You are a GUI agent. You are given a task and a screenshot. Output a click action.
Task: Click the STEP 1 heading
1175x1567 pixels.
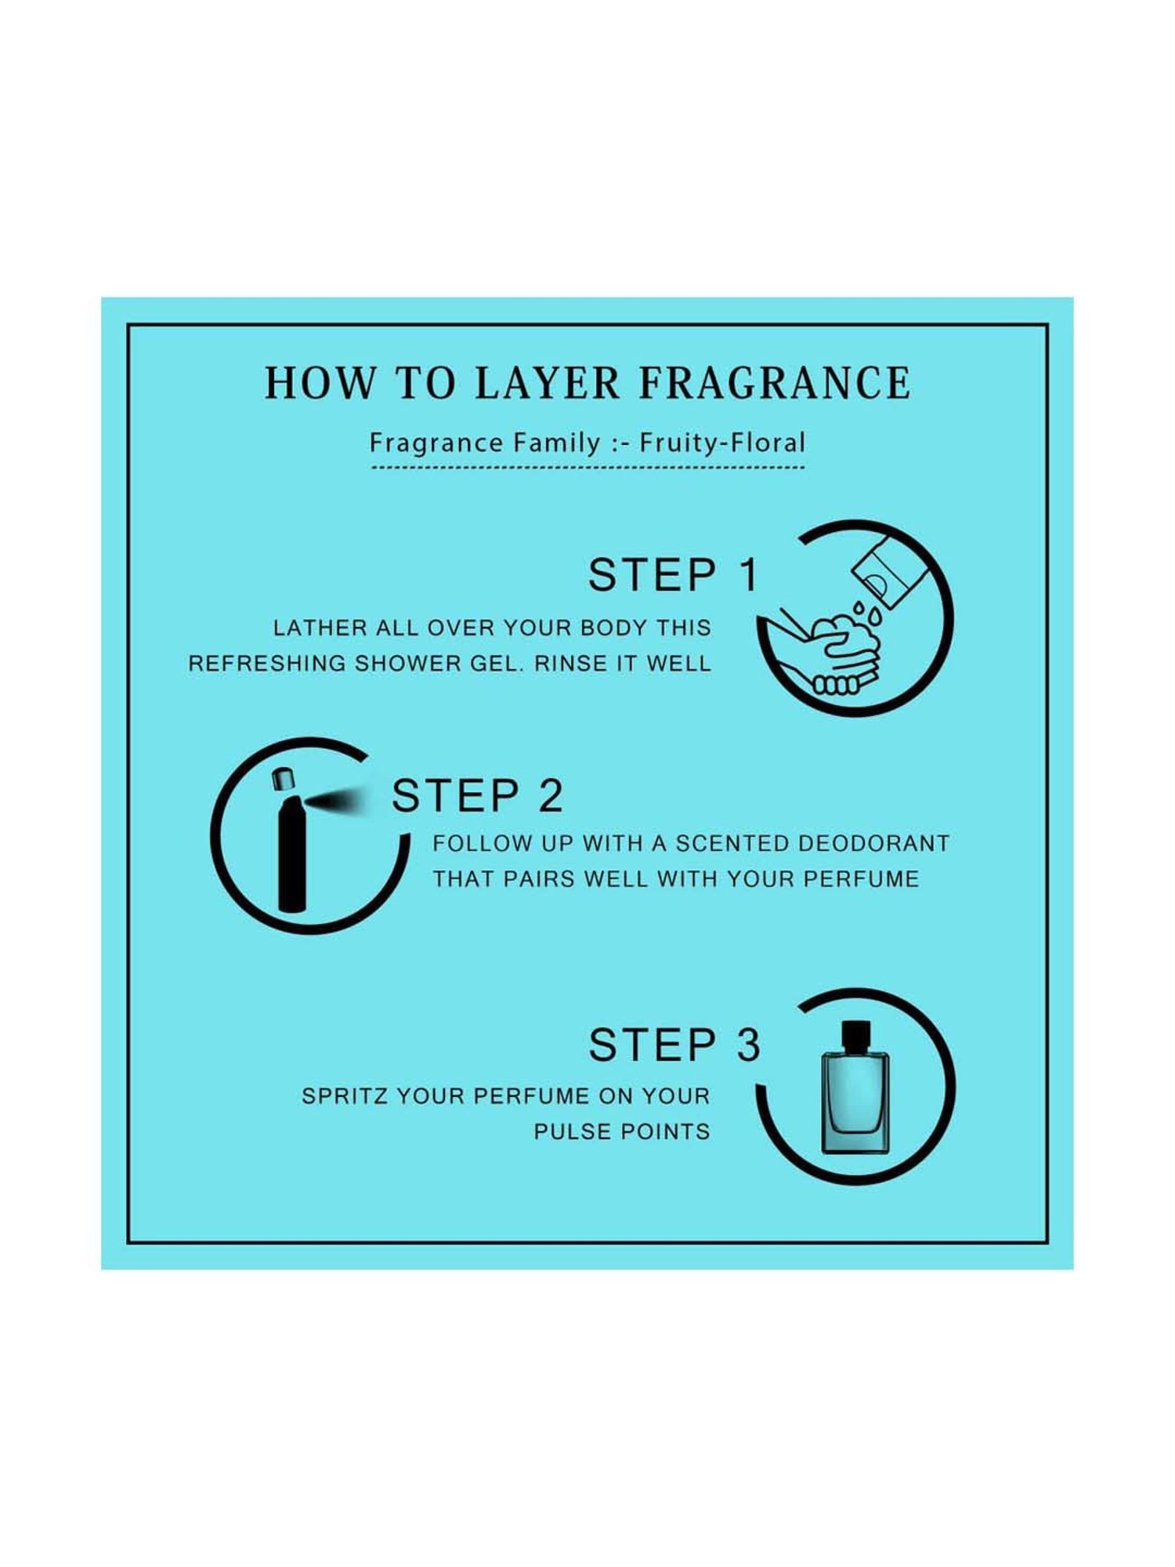pyautogui.click(x=673, y=576)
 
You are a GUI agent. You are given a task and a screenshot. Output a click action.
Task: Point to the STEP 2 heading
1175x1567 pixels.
pyautogui.click(x=477, y=797)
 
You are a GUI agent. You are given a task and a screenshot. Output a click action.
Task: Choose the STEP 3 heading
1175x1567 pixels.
pyautogui.click(x=674, y=1045)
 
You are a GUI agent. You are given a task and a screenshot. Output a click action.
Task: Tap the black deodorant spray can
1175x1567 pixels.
pyautogui.click(x=291, y=854)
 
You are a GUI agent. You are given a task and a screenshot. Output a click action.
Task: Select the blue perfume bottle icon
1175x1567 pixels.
pyautogui.click(x=855, y=1101)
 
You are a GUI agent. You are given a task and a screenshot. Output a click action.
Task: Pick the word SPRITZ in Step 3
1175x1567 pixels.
pyautogui.click(x=345, y=1096)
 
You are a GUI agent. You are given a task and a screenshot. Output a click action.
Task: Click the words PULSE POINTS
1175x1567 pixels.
pyautogui.click(x=622, y=1131)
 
